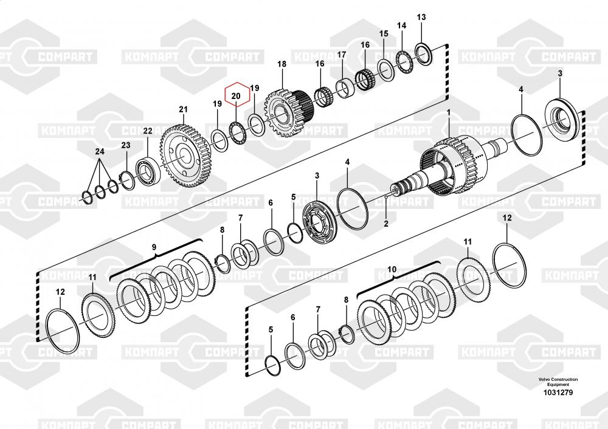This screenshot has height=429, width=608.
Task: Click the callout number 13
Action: pos(421,17)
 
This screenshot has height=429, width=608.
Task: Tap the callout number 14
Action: pos(401,26)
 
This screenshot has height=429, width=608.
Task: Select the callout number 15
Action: pos(384,33)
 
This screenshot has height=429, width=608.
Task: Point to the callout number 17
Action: pos(342,55)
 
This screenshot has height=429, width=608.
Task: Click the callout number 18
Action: pos(282,64)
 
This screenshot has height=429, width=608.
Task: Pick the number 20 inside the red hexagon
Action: pos(236,95)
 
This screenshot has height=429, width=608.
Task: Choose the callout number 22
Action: pos(148,131)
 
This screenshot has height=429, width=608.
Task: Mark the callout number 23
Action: pos(126,145)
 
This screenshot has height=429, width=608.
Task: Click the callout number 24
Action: pos(100,151)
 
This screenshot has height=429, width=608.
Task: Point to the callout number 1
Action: pos(449,112)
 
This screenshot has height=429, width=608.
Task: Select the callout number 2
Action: pos(385,224)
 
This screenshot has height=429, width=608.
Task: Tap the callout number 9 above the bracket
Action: pos(154,247)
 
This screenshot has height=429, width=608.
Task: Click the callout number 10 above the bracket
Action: pos(392,269)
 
